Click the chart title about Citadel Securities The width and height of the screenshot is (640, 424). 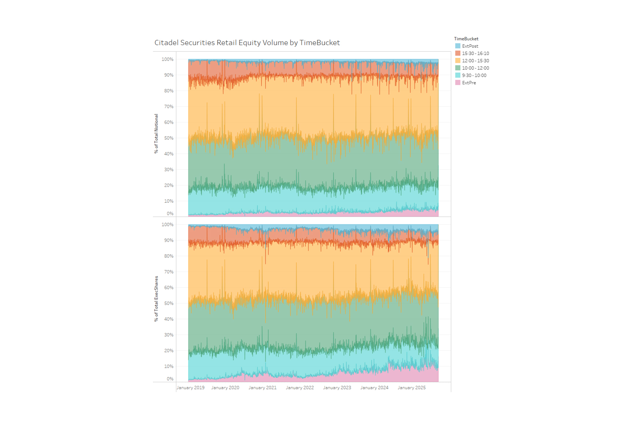click(247, 43)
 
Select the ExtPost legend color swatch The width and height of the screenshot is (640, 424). click(457, 46)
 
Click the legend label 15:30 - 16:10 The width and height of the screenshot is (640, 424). click(475, 53)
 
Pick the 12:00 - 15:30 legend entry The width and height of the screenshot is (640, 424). click(475, 60)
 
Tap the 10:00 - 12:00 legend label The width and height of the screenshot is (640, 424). click(475, 68)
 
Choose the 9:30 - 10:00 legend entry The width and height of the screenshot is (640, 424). click(474, 75)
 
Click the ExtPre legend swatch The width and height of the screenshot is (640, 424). click(457, 82)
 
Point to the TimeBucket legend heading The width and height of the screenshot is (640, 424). click(466, 38)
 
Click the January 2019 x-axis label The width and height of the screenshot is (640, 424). click(191, 387)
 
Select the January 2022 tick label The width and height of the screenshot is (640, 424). click(300, 387)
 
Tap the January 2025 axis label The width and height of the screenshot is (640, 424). click(412, 387)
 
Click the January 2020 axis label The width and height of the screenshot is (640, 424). click(225, 387)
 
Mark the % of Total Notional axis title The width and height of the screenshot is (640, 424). click(156, 133)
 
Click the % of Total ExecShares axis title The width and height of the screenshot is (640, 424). click(156, 299)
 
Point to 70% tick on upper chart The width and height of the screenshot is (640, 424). click(169, 106)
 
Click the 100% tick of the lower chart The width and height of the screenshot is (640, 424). click(168, 224)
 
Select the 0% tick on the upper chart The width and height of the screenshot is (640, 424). click(170, 213)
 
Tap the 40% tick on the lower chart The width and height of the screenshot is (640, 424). click(169, 319)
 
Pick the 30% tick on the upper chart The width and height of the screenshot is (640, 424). click(169, 169)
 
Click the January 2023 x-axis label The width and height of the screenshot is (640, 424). click(337, 387)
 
